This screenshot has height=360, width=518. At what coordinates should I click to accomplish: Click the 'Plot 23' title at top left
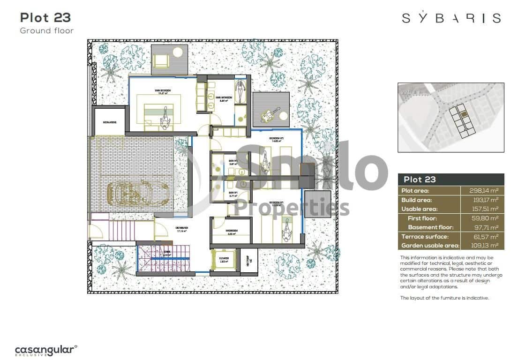[x=45, y=18]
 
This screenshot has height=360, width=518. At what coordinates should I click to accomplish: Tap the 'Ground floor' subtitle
[x=46, y=31]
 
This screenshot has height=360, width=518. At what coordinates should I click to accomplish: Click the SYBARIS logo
[x=451, y=18]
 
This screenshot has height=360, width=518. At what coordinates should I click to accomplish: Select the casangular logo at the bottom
[x=45, y=350]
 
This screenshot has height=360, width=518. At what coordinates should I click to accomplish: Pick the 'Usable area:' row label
[x=419, y=209]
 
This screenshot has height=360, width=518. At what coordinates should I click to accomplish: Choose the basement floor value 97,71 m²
[x=485, y=227]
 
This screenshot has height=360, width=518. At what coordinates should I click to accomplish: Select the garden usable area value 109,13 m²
[x=483, y=246]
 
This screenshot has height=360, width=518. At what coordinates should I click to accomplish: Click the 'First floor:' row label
[x=422, y=218]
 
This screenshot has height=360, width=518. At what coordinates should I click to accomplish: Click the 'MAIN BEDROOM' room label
[x=163, y=90]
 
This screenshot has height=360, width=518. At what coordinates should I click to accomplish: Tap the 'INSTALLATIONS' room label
[x=110, y=123]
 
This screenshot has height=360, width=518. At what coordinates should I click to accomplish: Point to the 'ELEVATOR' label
[x=224, y=258]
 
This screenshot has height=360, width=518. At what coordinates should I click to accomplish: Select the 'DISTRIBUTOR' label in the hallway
[x=182, y=228]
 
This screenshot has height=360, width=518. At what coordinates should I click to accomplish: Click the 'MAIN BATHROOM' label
[x=222, y=97]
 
